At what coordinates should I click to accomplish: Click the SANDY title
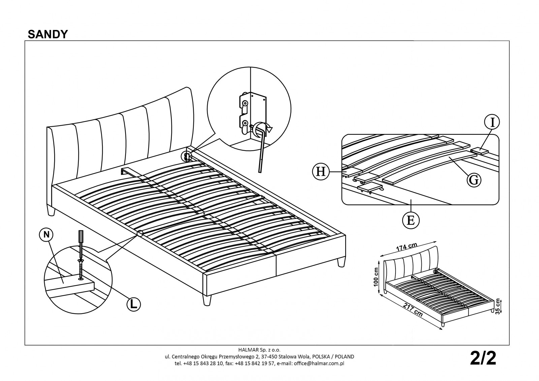coord(48,34)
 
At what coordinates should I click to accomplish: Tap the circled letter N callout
coord(46,235)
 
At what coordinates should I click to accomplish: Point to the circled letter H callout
coord(320,172)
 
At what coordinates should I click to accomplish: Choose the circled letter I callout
coord(492,122)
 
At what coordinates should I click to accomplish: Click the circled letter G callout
coord(474,180)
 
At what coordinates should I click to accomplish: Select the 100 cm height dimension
coord(376,277)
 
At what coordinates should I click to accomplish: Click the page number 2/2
coord(483,359)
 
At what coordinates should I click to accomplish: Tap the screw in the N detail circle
coord(81,268)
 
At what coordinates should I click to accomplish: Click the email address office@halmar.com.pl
coord(319,363)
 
